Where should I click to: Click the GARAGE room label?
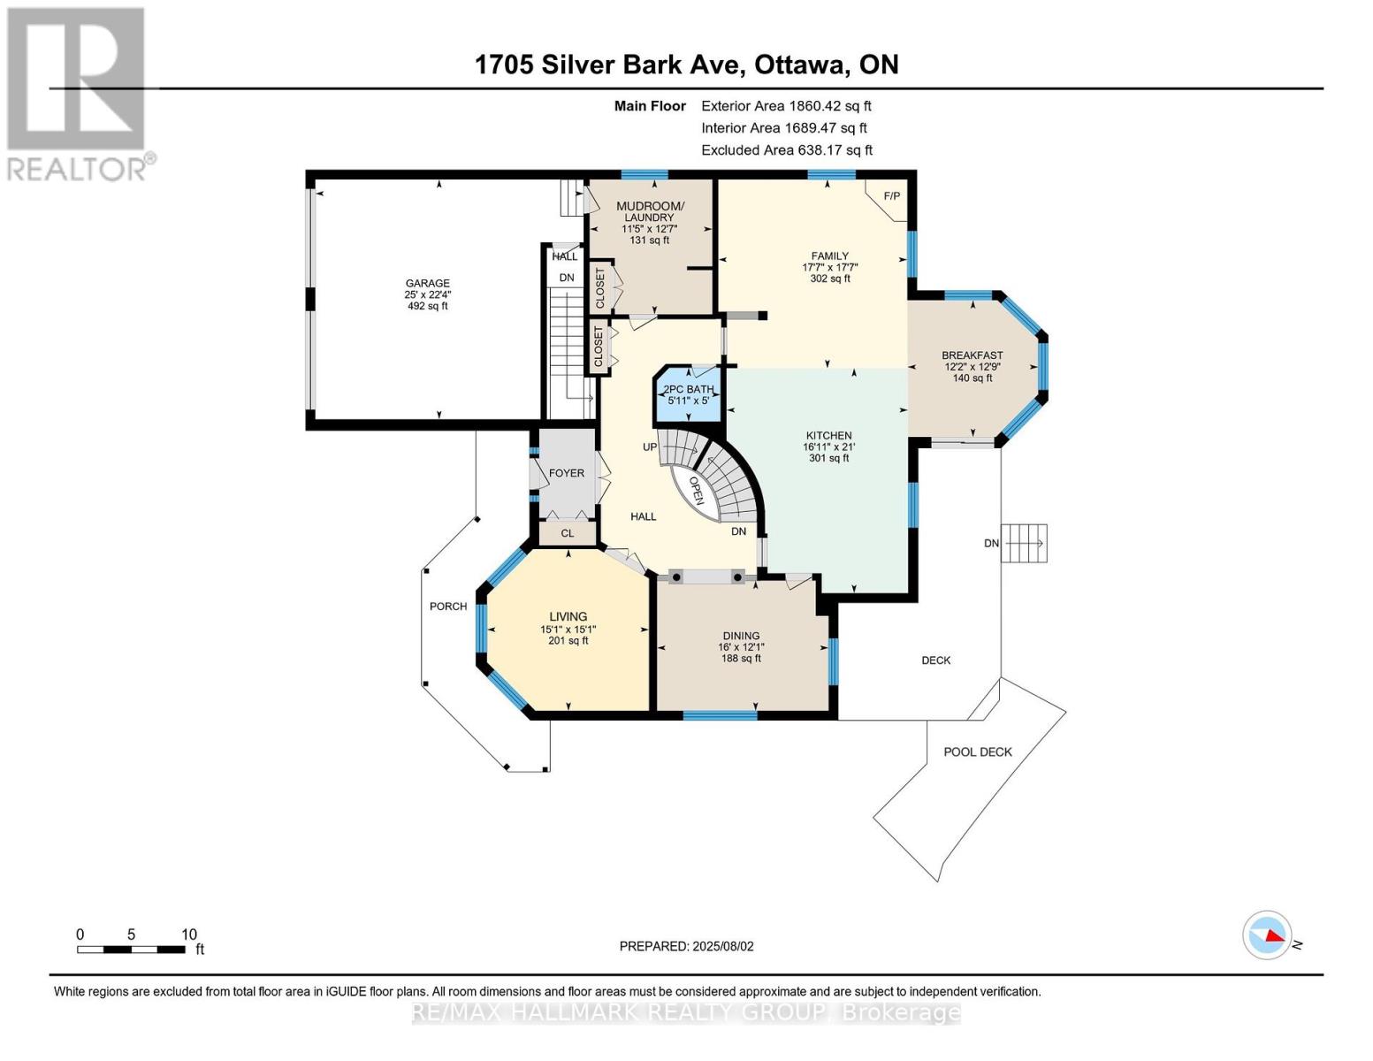click(428, 283)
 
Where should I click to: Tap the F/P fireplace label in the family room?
click(891, 196)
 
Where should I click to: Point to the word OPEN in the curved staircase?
click(697, 491)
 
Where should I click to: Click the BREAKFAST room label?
click(973, 355)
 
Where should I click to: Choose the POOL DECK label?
click(978, 752)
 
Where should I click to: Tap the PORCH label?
click(448, 606)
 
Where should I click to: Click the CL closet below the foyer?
click(568, 533)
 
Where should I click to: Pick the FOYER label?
click(566, 473)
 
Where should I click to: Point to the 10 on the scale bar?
click(189, 934)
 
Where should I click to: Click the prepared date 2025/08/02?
click(723, 946)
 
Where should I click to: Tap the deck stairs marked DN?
click(1024, 544)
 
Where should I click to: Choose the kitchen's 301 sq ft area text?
click(829, 457)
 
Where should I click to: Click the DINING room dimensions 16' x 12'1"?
click(741, 647)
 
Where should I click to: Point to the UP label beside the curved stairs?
click(650, 447)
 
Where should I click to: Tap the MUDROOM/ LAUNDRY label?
click(650, 211)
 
